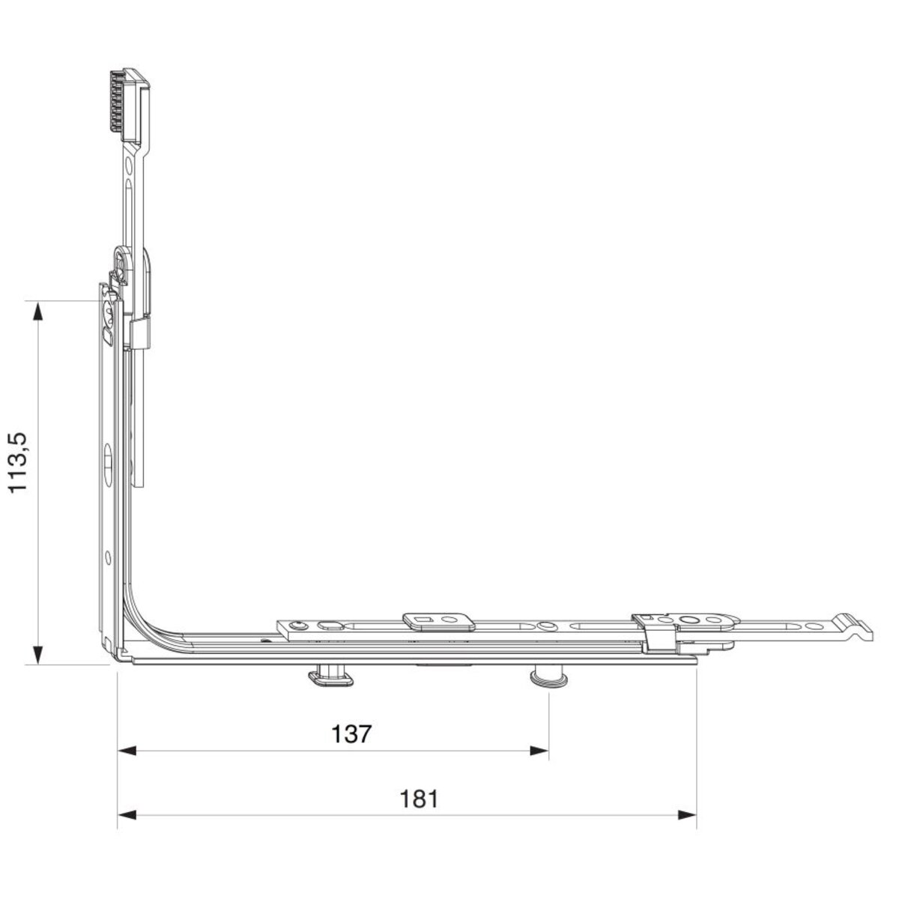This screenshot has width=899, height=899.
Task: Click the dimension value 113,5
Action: (19, 462)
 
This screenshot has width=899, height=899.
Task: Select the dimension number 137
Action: (352, 734)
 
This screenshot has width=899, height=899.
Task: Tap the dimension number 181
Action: (419, 799)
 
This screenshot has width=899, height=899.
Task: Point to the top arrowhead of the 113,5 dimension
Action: (39, 311)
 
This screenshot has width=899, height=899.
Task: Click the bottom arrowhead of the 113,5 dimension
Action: (39, 655)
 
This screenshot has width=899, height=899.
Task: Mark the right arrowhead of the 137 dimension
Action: (539, 751)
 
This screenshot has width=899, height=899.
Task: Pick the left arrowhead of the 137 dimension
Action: (127, 751)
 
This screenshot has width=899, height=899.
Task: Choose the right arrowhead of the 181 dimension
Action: (687, 815)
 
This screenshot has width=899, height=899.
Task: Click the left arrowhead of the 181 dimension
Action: (127, 815)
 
